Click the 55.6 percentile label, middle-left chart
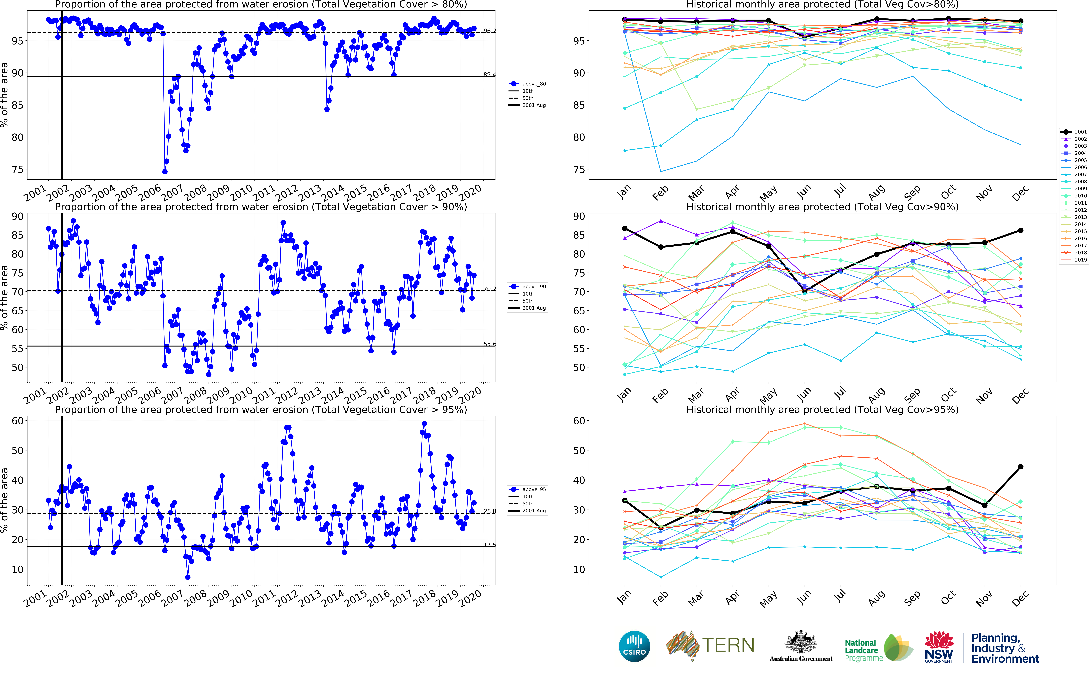[x=489, y=344]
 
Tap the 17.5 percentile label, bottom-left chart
[x=489, y=545]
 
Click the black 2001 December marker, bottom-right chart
[x=1020, y=467]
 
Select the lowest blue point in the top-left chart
[x=165, y=171]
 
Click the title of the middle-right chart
[x=822, y=207]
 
